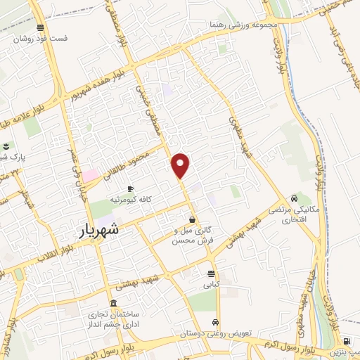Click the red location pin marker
pyautogui.click(x=181, y=165)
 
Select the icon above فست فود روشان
pyautogui.click(x=41, y=27)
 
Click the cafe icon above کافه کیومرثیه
pyautogui.click(x=130, y=188)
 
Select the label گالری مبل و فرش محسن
pyautogui.click(x=192, y=236)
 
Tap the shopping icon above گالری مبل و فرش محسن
pyautogui.click(x=192, y=219)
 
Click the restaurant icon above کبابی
pyautogui.click(x=212, y=274)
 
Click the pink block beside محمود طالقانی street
pyautogui.click(x=91, y=174)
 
